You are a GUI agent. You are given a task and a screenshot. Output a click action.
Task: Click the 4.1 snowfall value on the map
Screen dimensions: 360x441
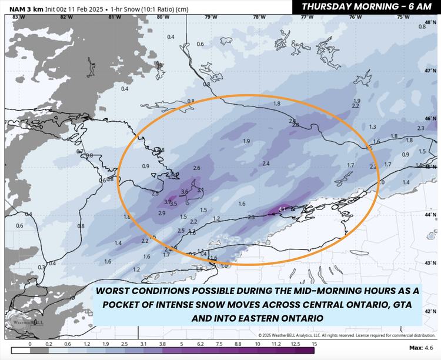pyautogui.click(x=282, y=209)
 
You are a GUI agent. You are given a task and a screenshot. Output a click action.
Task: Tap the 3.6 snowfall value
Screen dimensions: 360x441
pyautogui.click(x=184, y=192)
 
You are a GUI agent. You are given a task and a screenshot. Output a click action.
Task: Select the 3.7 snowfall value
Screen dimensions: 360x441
pyautogui.click(x=167, y=202)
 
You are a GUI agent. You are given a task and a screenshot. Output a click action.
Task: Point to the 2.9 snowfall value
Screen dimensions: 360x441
pyautogui.click(x=162, y=212)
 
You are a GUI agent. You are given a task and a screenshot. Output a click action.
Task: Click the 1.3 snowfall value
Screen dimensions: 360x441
pyautogui.click(x=372, y=127)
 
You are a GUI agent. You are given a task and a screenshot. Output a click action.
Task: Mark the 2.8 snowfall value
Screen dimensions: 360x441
pyautogui.click(x=296, y=125)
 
